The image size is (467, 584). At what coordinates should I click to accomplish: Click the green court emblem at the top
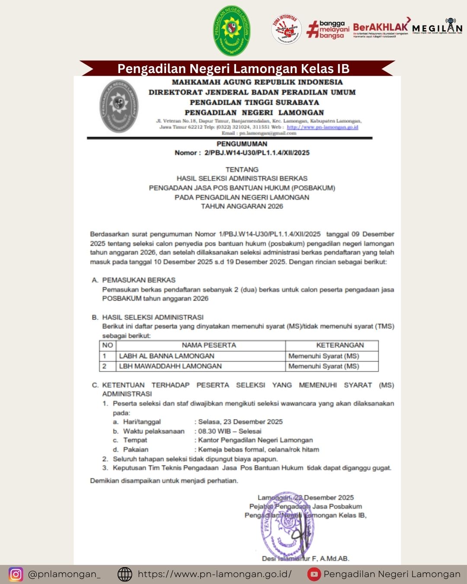[232, 31]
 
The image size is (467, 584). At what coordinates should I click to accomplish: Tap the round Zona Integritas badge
[286, 29]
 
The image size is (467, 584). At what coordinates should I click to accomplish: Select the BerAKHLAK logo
[381, 29]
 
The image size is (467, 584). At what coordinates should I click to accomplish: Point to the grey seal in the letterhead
[118, 106]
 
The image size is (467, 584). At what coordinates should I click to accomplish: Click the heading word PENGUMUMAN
[242, 144]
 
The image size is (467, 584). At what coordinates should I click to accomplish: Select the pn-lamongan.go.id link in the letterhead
[323, 127]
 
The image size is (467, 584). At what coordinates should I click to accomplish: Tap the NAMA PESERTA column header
[209, 345]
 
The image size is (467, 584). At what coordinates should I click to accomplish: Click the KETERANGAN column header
[340, 345]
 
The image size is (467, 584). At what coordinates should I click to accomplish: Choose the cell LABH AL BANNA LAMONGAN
[167, 356]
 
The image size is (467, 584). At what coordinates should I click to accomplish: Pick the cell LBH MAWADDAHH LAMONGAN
[170, 366]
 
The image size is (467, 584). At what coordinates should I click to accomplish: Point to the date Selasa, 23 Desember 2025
[240, 421]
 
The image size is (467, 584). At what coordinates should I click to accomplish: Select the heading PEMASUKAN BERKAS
[139, 280]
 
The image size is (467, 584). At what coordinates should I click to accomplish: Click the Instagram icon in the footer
[16, 574]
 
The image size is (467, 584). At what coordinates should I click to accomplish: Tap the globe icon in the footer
[125, 574]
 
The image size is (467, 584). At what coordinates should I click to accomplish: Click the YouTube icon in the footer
[314, 574]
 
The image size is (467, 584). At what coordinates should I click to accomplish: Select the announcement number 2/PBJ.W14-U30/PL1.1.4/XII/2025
[257, 153]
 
